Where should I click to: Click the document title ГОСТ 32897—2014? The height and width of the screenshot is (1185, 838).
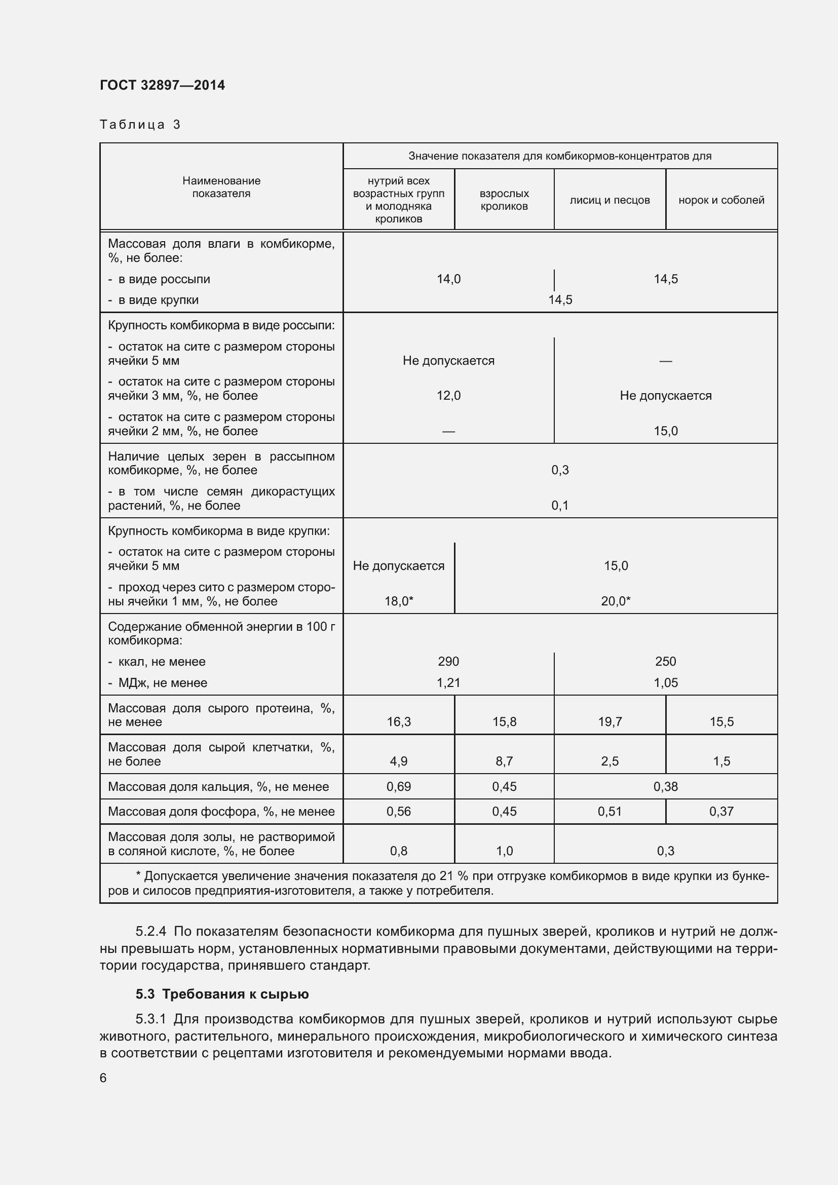162,85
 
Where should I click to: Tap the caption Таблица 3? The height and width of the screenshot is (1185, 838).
140,125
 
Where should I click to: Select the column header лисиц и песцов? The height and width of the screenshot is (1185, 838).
610,200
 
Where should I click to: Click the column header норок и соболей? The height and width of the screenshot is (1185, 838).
721,200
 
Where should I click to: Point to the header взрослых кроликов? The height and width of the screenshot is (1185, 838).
504,200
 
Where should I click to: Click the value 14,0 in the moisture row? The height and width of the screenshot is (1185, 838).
448,279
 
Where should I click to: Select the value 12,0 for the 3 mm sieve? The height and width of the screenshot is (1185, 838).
448,396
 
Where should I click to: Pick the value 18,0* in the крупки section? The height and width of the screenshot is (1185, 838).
398,601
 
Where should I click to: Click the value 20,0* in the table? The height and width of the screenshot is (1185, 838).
616,601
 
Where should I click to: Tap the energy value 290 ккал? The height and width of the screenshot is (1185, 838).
448,662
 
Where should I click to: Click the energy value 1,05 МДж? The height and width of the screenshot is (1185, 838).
666,683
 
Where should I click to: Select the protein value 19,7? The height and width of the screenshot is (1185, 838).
610,722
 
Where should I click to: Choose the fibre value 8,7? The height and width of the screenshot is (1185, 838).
504,761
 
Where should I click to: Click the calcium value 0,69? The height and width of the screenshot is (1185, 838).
398,787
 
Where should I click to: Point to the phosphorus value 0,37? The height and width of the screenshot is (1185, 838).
721,811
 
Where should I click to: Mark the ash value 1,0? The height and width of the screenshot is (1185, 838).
504,851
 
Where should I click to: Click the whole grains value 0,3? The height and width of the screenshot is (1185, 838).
560,470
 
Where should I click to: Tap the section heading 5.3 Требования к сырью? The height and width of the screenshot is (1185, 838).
222,994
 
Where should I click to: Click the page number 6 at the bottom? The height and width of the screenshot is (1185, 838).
103,1078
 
